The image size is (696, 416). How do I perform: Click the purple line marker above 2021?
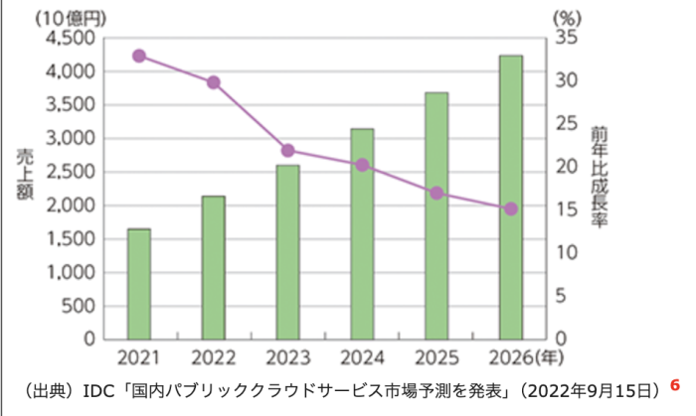click(139, 56)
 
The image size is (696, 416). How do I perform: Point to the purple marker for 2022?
click(214, 82)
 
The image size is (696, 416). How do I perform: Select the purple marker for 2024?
click(362, 165)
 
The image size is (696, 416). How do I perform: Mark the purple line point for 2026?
click(511, 208)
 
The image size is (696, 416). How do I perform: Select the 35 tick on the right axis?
click(567, 38)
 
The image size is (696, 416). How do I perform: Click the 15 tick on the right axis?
click(567, 209)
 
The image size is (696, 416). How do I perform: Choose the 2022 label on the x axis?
click(214, 355)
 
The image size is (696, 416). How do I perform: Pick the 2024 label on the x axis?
click(362, 355)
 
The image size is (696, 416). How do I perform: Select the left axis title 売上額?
click(23, 175)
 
